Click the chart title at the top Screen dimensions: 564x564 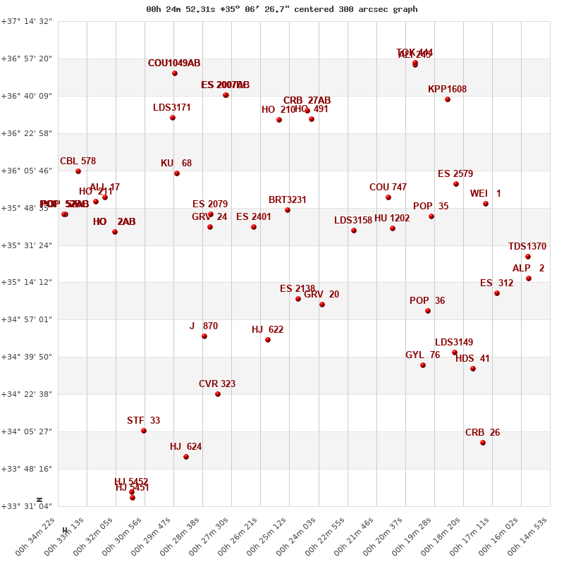282,9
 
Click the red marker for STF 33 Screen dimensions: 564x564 144,431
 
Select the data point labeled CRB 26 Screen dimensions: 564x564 483,443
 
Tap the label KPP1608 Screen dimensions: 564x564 447,90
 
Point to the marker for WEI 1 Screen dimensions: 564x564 486,204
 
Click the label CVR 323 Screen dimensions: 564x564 217,384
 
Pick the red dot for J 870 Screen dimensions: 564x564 204,336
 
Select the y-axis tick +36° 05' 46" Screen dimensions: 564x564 27,171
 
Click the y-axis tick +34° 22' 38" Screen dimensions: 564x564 27,394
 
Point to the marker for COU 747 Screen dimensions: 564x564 388,197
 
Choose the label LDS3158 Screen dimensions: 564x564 353,221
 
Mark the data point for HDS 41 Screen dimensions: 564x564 473,369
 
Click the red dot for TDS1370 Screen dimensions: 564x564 528,257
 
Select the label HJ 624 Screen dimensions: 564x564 185,447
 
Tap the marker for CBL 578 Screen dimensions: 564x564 78,171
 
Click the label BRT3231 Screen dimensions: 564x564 288,200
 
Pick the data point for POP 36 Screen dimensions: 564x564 428,311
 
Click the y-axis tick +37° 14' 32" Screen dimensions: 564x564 27,22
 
